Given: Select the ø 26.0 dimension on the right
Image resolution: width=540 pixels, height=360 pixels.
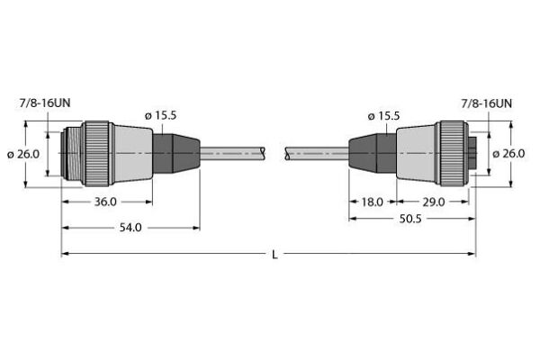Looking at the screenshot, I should coord(510,154).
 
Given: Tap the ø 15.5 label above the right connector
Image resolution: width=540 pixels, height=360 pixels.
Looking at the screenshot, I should coord(384,116).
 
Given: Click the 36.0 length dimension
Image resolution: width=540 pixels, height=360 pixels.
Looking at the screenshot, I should coord(106,202).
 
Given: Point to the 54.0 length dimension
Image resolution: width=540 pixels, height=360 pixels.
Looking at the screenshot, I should coord(131,228).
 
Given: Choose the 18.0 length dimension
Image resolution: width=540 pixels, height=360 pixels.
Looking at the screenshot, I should coord(373,202).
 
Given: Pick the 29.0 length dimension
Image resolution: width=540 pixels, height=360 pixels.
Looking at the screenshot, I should coord(434,202).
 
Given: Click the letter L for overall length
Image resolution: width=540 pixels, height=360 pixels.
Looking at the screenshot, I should coord(274,255).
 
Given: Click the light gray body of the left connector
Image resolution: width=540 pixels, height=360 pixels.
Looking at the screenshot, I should coord(130,154).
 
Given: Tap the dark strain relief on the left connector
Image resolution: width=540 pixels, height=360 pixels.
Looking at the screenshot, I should coord(175,154).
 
